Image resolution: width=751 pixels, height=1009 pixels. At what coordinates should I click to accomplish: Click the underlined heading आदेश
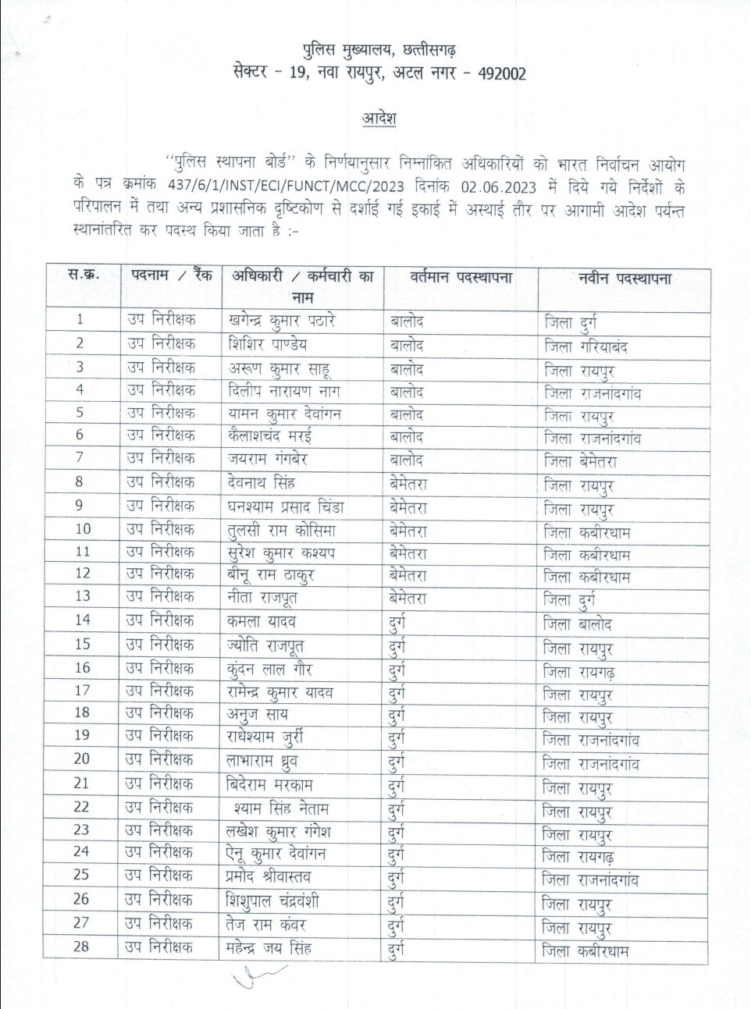pyautogui.click(x=379, y=119)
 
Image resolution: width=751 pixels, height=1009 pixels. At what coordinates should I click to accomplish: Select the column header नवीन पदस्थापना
pyautogui.click(x=625, y=279)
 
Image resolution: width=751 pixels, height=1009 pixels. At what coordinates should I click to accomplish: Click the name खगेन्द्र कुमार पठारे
pyautogui.click(x=282, y=320)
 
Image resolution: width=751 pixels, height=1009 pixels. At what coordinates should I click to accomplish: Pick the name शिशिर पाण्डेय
pyautogui.click(x=268, y=344)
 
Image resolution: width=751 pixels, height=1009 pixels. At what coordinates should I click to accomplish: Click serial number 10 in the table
pyautogui.click(x=82, y=529)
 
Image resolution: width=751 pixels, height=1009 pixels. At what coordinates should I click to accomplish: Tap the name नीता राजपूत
pyautogui.click(x=263, y=598)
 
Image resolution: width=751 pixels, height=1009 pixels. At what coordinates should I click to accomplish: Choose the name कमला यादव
pyautogui.click(x=262, y=622)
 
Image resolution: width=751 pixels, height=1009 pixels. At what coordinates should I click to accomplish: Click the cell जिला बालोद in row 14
pyautogui.click(x=578, y=624)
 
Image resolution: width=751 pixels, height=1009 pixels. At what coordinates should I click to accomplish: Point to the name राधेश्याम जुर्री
pyautogui.click(x=265, y=736)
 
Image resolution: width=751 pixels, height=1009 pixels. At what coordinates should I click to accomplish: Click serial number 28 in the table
pyautogui.click(x=81, y=947)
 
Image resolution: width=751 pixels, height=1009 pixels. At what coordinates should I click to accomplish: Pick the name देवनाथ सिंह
pyautogui.click(x=262, y=482)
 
